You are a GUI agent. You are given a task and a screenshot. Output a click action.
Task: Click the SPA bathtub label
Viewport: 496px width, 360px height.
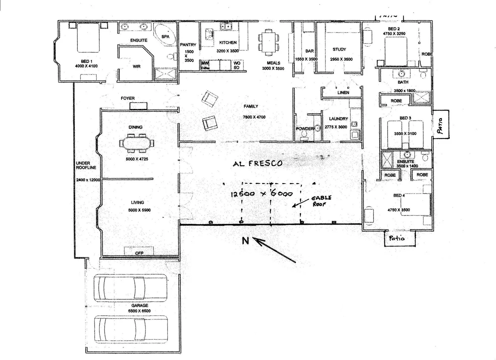coord(165,37)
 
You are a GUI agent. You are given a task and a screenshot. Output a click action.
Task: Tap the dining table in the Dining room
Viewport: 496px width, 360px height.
coord(137,143)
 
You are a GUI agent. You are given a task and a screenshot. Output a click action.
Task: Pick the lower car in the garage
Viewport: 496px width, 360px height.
coord(130,329)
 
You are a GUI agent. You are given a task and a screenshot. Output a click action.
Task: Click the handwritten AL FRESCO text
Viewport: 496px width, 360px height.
coord(257,163)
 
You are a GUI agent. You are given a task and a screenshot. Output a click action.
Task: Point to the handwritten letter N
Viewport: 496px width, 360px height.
coord(245,240)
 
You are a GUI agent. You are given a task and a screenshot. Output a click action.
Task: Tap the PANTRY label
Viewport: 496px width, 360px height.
coord(188,45)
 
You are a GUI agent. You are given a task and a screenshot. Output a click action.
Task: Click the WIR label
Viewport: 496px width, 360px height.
coord(136,67)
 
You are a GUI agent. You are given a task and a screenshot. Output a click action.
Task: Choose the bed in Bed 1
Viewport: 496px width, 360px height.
coord(88,38)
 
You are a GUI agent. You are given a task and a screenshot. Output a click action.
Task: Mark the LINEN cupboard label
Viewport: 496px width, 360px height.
coord(343,93)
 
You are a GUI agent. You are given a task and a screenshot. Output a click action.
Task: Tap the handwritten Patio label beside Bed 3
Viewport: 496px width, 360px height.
coord(441,125)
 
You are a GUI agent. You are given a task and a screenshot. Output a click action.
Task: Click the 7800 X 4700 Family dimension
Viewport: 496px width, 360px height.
coord(254,117)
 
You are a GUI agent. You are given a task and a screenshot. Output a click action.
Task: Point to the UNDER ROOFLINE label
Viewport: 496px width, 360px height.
coord(86,165)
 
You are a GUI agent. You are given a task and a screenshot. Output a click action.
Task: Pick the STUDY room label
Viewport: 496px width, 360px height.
coord(339,49)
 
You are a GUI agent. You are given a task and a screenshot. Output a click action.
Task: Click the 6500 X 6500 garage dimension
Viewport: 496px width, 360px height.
coord(139,311)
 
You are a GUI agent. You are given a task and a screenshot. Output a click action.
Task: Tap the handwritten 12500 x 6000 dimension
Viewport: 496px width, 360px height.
coord(262,194)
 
